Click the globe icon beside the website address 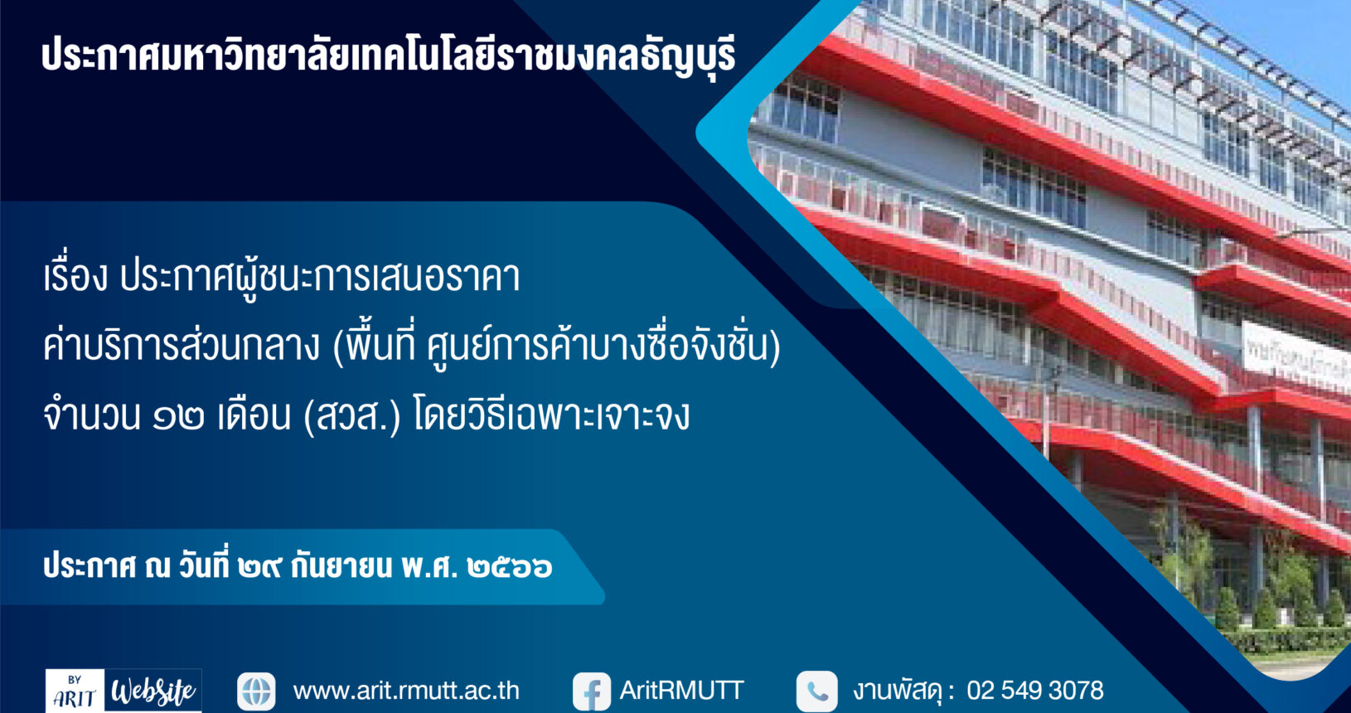pos(256,691)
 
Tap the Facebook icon pos(592,691)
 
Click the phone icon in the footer pos(816,691)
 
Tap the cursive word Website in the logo pos(153,691)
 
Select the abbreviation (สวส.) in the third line pos(352,415)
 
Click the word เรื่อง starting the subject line pos(76,276)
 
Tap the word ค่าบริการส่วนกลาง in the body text pos(182,345)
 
